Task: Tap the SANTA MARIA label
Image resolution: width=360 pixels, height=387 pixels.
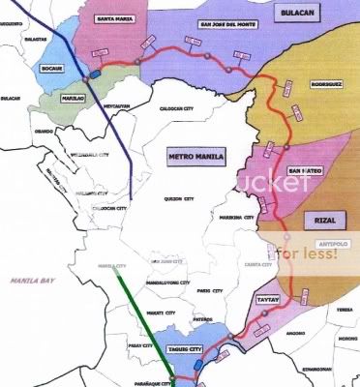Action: (x=114, y=17)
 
